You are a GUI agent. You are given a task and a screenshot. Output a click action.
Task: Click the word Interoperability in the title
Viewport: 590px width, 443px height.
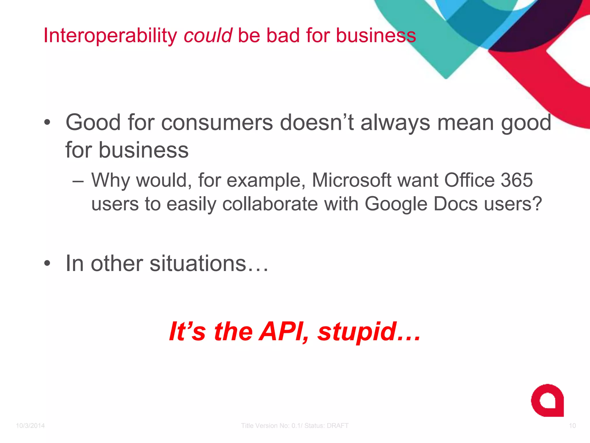[x=110, y=36]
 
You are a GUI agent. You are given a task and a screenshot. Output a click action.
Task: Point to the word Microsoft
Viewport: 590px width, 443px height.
[x=351, y=180]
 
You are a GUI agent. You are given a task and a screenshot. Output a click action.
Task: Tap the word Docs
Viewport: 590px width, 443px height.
[x=455, y=204]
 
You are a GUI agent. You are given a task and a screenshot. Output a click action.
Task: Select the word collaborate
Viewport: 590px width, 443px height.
[x=270, y=204]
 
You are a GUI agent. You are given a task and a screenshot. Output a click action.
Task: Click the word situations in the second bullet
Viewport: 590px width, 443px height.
[x=198, y=263]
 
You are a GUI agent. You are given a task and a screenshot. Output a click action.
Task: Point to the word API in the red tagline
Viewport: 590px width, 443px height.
[x=284, y=332]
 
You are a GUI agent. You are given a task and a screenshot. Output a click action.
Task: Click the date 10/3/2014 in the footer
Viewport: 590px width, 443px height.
[x=30, y=426]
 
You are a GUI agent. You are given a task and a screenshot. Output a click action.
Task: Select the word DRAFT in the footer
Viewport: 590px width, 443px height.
[x=337, y=426]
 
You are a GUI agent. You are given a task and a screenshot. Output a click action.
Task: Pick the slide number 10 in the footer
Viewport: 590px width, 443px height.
[x=572, y=426]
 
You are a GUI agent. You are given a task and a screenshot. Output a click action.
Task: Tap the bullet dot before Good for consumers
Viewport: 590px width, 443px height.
[x=47, y=123]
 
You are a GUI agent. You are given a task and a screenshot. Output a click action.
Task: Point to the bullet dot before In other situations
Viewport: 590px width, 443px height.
[x=47, y=263]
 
